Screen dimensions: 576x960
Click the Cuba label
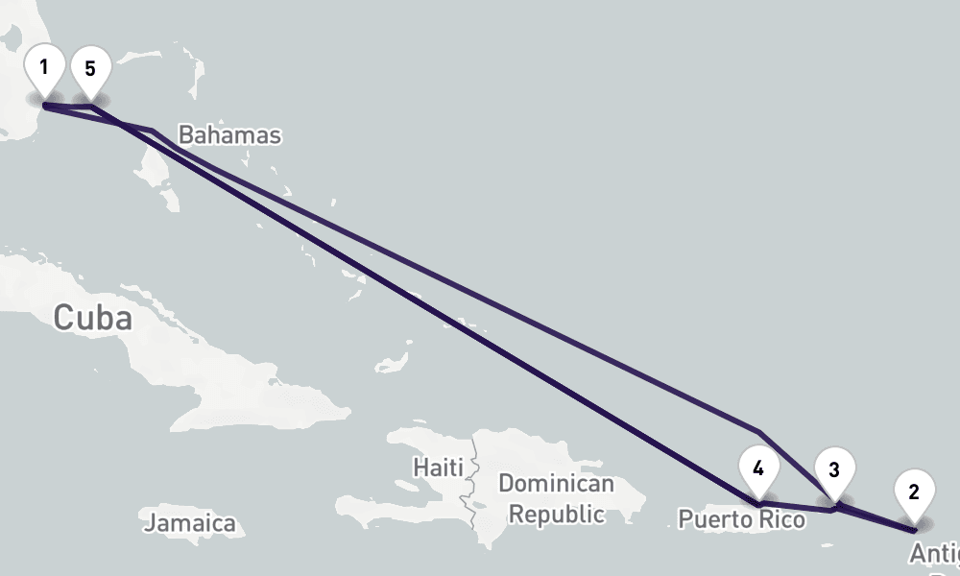[92, 318]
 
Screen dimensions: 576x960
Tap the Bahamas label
[230, 135]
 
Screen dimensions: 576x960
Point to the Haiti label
[437, 468]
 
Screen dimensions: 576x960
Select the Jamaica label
[189, 523]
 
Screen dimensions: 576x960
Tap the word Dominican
[556, 484]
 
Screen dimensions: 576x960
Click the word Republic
[556, 514]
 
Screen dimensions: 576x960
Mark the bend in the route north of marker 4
[758, 432]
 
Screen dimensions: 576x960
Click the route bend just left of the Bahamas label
[152, 129]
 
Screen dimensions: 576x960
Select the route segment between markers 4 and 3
[797, 507]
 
